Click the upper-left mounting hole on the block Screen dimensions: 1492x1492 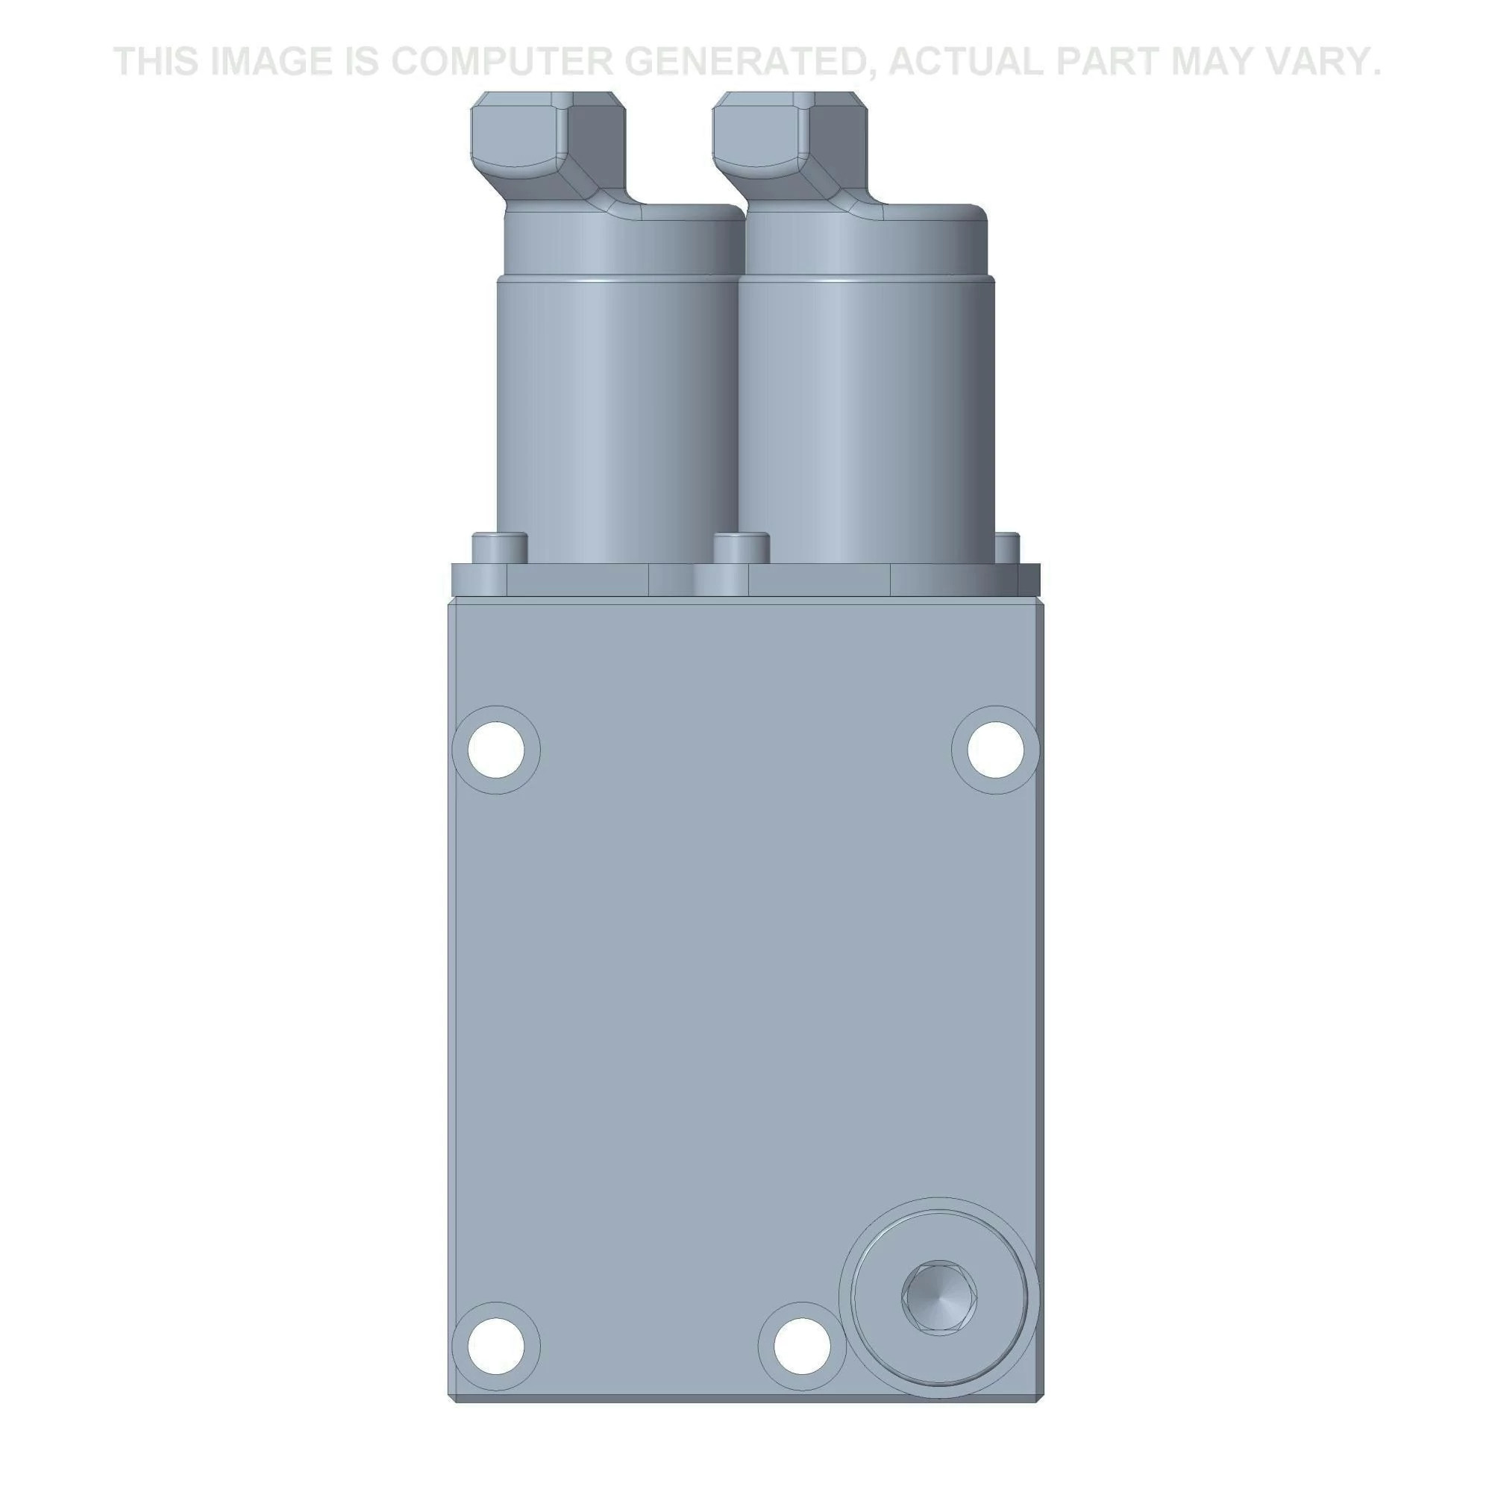point(496,749)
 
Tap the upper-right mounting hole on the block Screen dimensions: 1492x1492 point(995,749)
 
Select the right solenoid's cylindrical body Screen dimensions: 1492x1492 point(865,417)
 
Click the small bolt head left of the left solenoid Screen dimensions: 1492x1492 point(500,548)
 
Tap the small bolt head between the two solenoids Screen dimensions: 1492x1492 point(742,548)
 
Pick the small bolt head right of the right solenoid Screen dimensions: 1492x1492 point(1007,548)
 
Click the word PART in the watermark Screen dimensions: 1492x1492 point(1109,61)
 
